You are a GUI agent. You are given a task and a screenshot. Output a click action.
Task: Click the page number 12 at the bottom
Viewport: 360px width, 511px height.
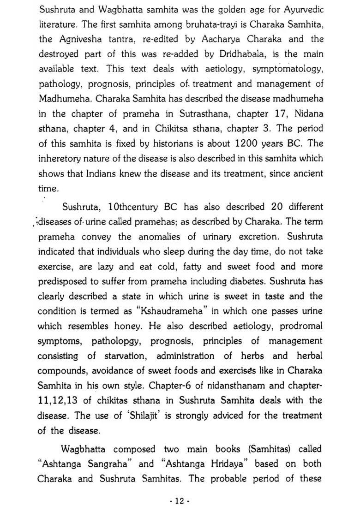pyautogui.click(x=180, y=501)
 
